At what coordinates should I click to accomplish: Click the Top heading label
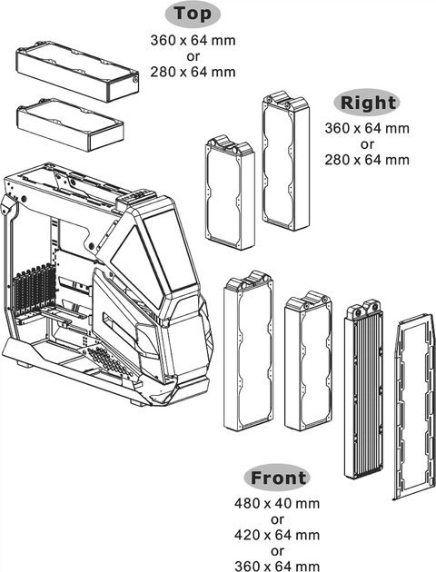pyautogui.click(x=192, y=15)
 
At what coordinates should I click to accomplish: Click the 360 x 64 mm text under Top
pyautogui.click(x=192, y=40)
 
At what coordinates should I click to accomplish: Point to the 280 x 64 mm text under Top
pyautogui.click(x=192, y=71)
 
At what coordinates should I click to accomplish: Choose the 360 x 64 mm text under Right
pyautogui.click(x=366, y=128)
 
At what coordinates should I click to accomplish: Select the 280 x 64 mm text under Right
pyautogui.click(x=366, y=159)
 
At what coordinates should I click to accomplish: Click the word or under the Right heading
pyautogui.click(x=366, y=143)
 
